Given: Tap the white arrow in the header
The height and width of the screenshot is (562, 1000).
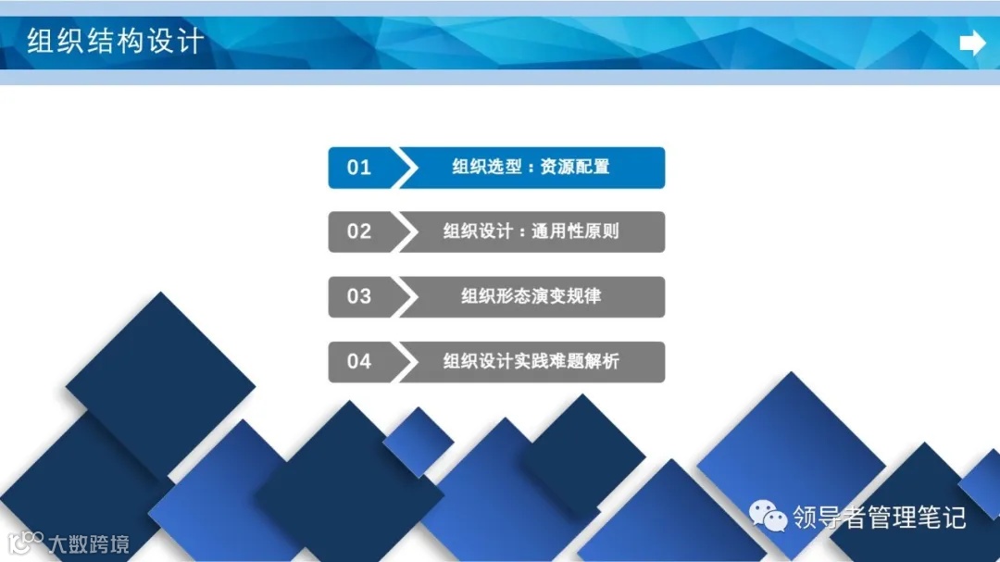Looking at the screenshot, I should pos(972,43).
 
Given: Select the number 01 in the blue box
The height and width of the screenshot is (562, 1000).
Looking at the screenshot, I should pos(359,168).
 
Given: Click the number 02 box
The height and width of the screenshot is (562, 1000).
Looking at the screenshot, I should pos(359,231).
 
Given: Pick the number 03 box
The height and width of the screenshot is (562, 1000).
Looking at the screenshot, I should pos(359,296).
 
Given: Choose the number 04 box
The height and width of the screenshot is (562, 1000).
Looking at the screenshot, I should pos(359,361).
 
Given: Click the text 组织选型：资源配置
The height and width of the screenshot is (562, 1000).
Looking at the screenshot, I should pos(531,168).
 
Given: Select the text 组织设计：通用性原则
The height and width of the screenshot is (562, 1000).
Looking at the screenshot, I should pos(531,231).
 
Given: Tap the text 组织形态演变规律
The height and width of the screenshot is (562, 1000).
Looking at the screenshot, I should pos(531,296).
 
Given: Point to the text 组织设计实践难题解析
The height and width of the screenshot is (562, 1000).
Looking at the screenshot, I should pos(531,361).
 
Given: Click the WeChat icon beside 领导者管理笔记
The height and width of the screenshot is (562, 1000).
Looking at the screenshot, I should pos(769,516).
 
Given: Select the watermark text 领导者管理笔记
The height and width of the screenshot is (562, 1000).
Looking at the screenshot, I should pos(879,517).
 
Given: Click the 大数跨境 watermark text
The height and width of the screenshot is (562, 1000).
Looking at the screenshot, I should pos(89,543).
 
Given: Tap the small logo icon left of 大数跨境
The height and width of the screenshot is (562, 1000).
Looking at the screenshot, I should pos(26,542).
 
